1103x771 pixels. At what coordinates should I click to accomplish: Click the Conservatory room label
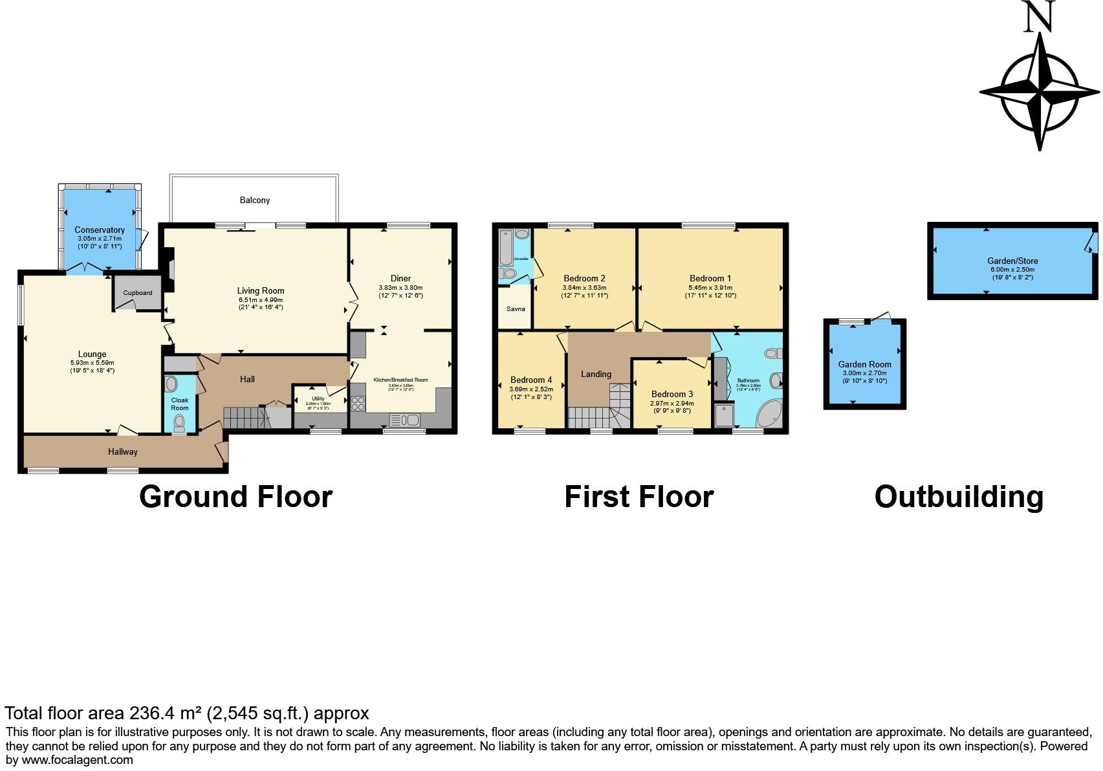coord(99,230)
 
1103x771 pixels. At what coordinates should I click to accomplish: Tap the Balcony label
coord(255,200)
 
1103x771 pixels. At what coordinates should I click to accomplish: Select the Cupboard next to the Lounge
coord(137,292)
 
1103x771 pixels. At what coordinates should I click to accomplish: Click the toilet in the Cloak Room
coord(179,423)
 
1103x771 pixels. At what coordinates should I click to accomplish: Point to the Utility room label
coord(318,398)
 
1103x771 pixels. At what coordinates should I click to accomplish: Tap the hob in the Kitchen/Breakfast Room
coord(358,404)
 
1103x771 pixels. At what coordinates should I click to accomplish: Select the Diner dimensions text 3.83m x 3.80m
coord(400,287)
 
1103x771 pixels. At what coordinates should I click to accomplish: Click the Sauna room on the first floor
coord(516,309)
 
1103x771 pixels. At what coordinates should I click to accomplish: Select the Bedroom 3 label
coord(672,394)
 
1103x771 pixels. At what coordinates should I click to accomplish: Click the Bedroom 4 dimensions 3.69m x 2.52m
coord(531,389)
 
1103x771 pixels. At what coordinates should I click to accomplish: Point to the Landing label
coord(596,374)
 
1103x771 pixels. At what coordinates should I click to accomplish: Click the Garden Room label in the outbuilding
coord(864,364)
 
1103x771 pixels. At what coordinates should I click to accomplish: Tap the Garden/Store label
coord(1012,261)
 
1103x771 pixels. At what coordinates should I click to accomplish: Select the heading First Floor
coord(639,497)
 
